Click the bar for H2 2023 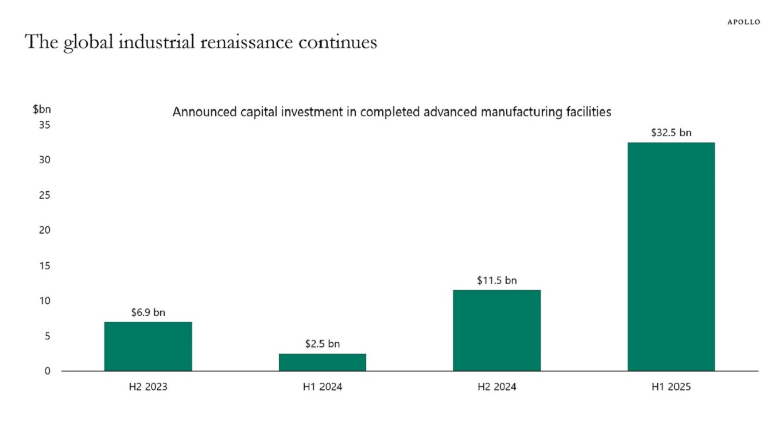tap(148, 346)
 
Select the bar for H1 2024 tap(323, 362)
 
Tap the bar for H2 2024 tap(496, 330)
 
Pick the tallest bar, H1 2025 tap(671, 256)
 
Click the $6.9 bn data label tap(148, 312)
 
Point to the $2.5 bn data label tap(323, 344)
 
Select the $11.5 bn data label tap(496, 281)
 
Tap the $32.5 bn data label tap(671, 133)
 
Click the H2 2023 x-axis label tap(148, 387)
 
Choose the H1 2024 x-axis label tap(323, 387)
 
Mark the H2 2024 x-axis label tap(496, 387)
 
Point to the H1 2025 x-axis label tap(671, 387)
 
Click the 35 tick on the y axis tap(45, 125)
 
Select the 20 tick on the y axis tap(45, 230)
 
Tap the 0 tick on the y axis tap(47, 371)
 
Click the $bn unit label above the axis tap(42, 109)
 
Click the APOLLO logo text tap(743, 22)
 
